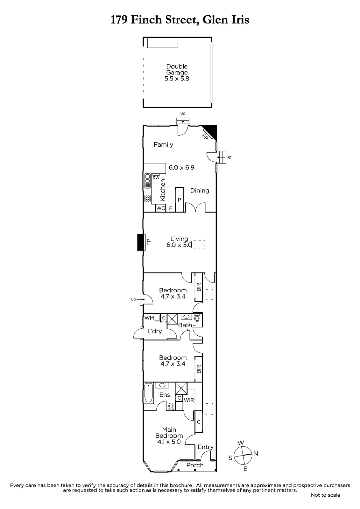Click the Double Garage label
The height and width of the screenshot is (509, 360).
(x=177, y=70)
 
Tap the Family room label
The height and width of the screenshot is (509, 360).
(x=163, y=144)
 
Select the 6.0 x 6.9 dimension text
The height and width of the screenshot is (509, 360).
(x=181, y=167)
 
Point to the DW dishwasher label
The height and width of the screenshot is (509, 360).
(x=156, y=178)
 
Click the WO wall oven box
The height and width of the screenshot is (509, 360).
(x=161, y=208)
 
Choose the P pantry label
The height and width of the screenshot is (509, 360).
(x=179, y=200)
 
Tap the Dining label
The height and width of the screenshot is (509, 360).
(x=200, y=191)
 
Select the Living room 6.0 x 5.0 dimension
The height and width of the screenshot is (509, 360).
(x=179, y=245)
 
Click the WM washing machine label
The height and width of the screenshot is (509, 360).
(x=149, y=318)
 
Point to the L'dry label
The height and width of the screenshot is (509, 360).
(x=155, y=331)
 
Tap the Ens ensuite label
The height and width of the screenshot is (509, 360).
(x=165, y=395)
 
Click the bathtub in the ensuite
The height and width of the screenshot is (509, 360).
(x=149, y=393)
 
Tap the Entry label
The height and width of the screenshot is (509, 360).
(x=206, y=447)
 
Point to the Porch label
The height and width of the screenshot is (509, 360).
(x=195, y=465)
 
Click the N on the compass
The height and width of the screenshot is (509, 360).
(x=256, y=454)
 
